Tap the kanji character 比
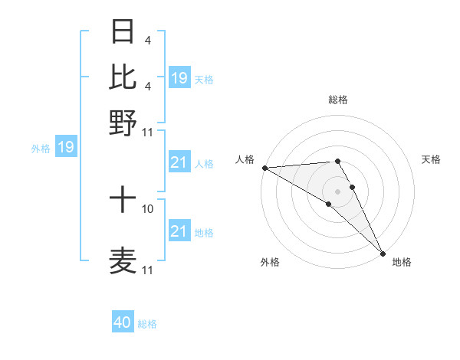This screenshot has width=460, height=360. click(123, 77)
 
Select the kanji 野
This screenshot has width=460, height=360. click(123, 121)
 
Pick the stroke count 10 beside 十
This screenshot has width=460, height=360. click(148, 208)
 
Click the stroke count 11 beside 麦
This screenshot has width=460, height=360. click(148, 270)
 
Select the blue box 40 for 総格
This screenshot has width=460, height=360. click(123, 322)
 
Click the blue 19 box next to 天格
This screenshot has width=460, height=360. click(179, 77)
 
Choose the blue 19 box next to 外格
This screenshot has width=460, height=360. click(66, 147)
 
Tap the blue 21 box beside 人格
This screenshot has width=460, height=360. click(179, 163)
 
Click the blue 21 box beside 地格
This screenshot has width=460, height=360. click(179, 231)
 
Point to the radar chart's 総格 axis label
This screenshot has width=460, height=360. click(337, 100)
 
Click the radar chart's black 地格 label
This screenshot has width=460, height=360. click(402, 263)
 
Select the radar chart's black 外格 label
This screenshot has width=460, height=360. click(270, 263)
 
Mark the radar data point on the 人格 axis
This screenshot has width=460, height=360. click(264, 168)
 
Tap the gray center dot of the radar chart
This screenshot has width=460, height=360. click(337, 191)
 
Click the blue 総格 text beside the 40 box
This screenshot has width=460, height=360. click(147, 324)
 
